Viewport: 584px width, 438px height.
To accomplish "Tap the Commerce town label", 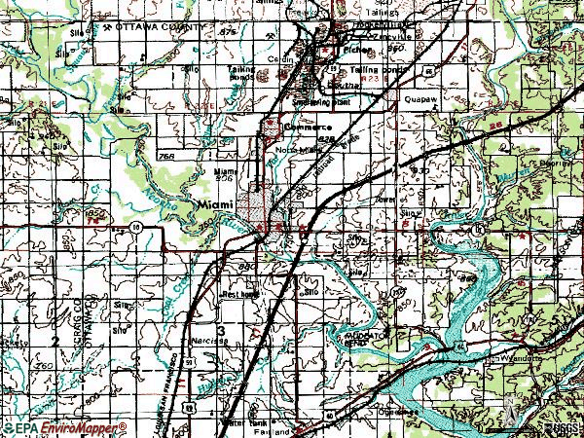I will point(309,128).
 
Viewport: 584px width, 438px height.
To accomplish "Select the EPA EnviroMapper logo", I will point(64,428).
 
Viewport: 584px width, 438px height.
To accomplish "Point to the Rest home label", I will point(239,291).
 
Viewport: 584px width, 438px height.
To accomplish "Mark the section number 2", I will point(56,340).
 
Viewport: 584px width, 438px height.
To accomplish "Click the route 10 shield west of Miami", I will point(132,225).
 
